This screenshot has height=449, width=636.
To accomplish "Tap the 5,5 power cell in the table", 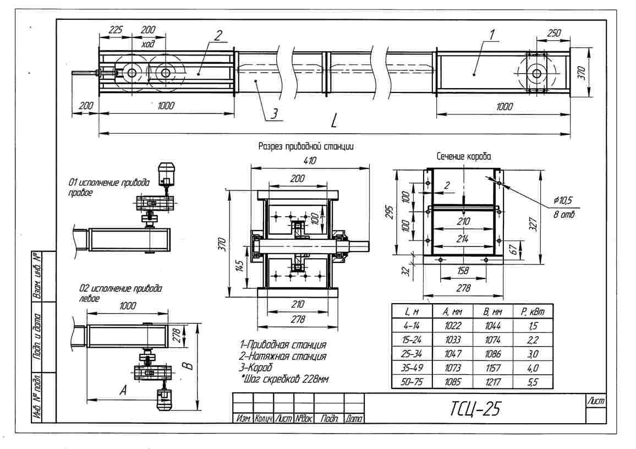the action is coord(533,382).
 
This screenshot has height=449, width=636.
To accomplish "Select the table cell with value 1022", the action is coord(452,326).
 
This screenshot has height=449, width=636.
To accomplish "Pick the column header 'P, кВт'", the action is coord(533,311).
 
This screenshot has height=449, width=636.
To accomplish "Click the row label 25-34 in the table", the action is coord(412,354).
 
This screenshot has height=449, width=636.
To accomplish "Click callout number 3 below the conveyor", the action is coord(274,113).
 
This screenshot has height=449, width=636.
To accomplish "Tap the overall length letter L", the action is coord(334,121).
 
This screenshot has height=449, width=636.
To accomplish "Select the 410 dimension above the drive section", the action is coord(310,161).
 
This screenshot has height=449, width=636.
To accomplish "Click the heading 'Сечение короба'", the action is coord(464,156).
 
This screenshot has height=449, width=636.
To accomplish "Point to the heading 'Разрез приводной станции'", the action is coord(306,146).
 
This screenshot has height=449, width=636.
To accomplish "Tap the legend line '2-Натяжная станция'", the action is coord(283,357).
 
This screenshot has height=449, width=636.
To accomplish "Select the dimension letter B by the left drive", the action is coord(188,366).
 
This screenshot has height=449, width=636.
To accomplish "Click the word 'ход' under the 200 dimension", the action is coord(148,43).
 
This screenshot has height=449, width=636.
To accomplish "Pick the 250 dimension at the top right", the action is coord(554,33).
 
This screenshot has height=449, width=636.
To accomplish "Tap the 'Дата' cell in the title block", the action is coord(354,419).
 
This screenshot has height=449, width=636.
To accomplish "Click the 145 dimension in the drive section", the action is coord(240,266).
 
